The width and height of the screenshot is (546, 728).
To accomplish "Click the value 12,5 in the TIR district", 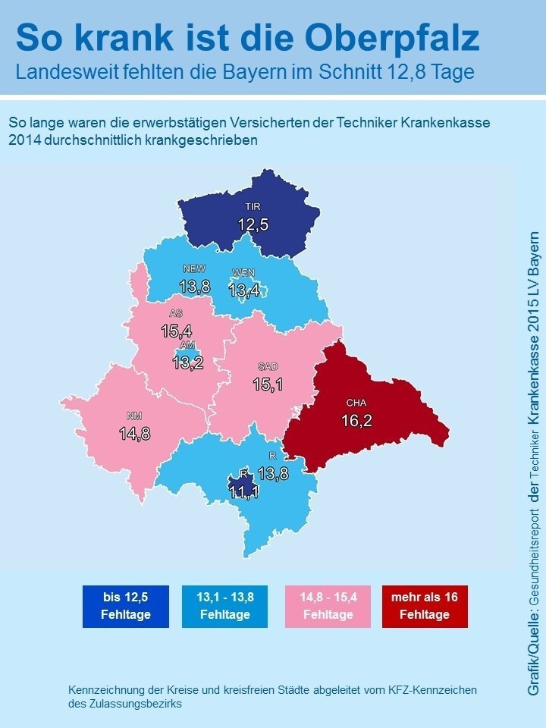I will click(x=253, y=224).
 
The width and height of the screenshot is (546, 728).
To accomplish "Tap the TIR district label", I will click(x=253, y=206).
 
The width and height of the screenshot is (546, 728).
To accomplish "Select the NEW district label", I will click(x=195, y=268).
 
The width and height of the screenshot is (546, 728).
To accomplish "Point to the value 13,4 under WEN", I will click(x=243, y=290).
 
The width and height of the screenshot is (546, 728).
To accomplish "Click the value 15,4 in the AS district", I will click(x=176, y=331).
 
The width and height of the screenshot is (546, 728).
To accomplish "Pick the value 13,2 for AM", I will click(x=187, y=362).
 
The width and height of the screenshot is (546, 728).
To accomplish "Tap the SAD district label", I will click(x=268, y=366).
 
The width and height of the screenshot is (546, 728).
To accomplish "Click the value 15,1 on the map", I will click(x=268, y=384).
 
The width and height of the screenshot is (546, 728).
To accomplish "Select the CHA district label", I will click(x=356, y=403).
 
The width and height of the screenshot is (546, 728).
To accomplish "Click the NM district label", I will click(x=134, y=416).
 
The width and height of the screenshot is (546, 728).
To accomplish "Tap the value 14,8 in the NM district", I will click(x=134, y=433).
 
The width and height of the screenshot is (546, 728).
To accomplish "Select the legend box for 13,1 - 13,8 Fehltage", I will click(x=224, y=606).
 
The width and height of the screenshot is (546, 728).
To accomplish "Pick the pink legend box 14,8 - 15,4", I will click(x=328, y=606).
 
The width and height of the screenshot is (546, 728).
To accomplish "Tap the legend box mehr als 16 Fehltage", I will click(x=425, y=606).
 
